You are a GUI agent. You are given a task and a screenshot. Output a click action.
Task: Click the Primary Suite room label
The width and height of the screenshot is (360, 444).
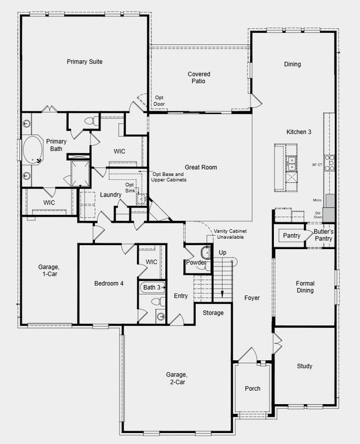[x=84, y=61]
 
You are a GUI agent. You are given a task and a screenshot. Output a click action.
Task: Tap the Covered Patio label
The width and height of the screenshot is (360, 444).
[x=199, y=77]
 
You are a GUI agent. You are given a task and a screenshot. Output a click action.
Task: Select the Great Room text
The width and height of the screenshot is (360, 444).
[x=201, y=167]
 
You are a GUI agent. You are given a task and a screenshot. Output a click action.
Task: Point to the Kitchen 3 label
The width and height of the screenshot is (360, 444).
[x=299, y=132]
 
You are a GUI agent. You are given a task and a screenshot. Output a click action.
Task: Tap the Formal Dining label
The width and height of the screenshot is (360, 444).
[x=305, y=287]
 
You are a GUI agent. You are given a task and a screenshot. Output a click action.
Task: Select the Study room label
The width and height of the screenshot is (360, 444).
[x=305, y=366]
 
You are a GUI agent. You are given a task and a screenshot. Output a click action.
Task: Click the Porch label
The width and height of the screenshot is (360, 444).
[x=253, y=388]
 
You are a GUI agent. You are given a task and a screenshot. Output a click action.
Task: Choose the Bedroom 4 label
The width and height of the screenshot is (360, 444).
[x=109, y=283]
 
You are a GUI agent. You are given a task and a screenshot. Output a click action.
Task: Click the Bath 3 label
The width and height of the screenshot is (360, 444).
[x=151, y=287]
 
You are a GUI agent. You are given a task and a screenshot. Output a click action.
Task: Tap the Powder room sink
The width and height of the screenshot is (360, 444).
[x=205, y=253]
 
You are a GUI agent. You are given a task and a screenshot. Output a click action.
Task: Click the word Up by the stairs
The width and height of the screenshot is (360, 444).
[x=222, y=253]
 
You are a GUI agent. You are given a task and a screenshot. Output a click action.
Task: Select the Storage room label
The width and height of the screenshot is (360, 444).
[x=213, y=313]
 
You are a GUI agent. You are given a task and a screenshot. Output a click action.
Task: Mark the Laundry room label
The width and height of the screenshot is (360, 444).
[x=110, y=195]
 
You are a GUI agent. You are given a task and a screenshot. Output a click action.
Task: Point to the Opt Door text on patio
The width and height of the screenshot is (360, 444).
[x=159, y=101]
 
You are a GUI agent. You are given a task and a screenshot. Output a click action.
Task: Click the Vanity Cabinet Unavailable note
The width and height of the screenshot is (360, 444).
[x=229, y=234]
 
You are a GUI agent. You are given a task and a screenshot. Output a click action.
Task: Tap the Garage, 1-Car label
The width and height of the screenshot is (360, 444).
[x=49, y=271]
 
